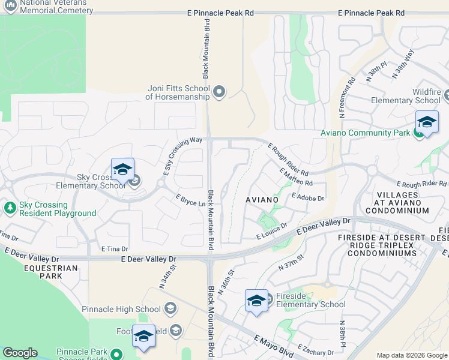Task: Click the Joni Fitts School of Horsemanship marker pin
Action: (x=219, y=92)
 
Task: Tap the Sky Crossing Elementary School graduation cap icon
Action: (x=122, y=169)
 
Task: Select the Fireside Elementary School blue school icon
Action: (x=256, y=301)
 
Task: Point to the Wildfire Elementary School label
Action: (x=406, y=96)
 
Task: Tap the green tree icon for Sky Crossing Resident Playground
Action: (x=10, y=208)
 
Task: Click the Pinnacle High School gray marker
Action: (x=170, y=309)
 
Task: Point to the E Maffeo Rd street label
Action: (x=296, y=177)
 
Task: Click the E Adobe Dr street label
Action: (x=307, y=197)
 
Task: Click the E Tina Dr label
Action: (x=115, y=248)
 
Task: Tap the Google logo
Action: (x=20, y=353)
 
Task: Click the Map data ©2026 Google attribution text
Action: (x=412, y=355)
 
